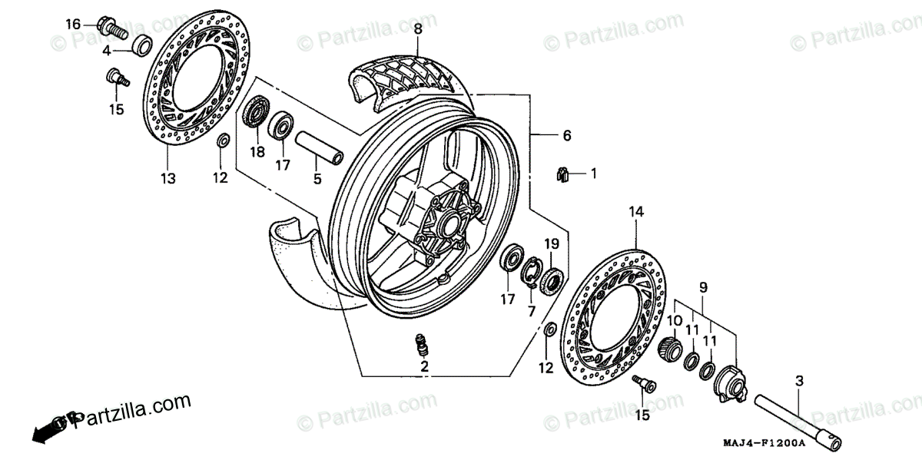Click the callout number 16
pyautogui.click(x=72, y=25)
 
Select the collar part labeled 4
pyautogui.click(x=141, y=45)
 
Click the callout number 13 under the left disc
pyautogui.click(x=168, y=178)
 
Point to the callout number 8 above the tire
pyautogui.click(x=418, y=29)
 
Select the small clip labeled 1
pyautogui.click(x=562, y=174)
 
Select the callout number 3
pyautogui.click(x=798, y=381)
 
